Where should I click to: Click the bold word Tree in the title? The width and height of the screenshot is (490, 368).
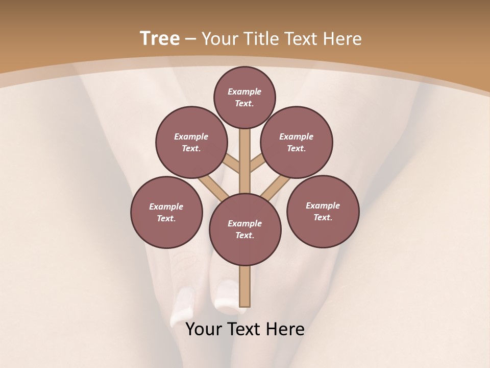(160, 39)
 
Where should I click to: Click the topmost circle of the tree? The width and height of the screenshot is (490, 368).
(244, 97)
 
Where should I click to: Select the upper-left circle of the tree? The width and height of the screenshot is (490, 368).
(191, 142)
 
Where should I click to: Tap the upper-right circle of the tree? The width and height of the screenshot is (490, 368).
(297, 142)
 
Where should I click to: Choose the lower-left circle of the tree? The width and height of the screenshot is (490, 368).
(166, 212)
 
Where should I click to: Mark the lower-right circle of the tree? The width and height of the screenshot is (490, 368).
(323, 211)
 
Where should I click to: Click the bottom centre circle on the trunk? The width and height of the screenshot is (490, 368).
(245, 229)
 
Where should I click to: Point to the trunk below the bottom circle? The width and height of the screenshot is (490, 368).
(245, 286)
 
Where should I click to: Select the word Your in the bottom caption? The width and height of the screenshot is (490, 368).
(204, 329)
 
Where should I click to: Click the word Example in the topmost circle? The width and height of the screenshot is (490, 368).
(244, 92)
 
